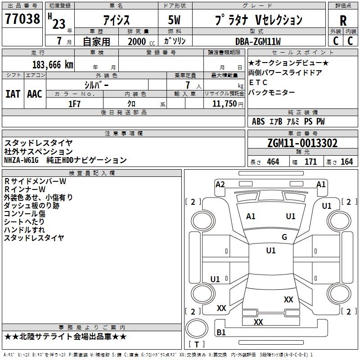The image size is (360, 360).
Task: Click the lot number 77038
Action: pyautogui.click(x=22, y=19)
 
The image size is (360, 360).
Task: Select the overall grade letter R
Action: pyautogui.click(x=343, y=21)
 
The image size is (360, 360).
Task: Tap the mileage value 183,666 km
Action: pyautogui.click(x=53, y=65)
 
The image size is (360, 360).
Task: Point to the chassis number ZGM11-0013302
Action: pyautogui.click(x=302, y=143)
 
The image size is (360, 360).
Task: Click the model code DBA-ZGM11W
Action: pyautogui.click(x=258, y=41)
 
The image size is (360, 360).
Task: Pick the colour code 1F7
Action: pyautogui.click(x=74, y=104)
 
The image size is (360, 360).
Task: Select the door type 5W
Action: pyautogui.click(x=174, y=20)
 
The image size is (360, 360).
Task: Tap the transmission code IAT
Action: pyautogui.click(x=13, y=94)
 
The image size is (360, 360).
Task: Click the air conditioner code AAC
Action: pyautogui.click(x=35, y=94)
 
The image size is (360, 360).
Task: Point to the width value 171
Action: pyautogui.click(x=310, y=162)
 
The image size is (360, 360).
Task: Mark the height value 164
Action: pyautogui.click(x=346, y=162)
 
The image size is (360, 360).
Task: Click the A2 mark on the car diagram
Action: pyautogui.click(x=220, y=184)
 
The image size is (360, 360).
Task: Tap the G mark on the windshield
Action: pyautogui.click(x=284, y=237)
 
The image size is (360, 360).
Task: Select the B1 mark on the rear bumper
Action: pyautogui.click(x=221, y=332)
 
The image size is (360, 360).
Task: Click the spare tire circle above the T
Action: pyautogui.click(x=197, y=328)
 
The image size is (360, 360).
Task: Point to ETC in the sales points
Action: pyautogui.click(x=258, y=82)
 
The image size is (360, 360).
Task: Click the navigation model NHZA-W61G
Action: pyautogui.click(x=21, y=160)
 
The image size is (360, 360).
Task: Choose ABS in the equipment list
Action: pyautogui.click(x=258, y=121)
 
